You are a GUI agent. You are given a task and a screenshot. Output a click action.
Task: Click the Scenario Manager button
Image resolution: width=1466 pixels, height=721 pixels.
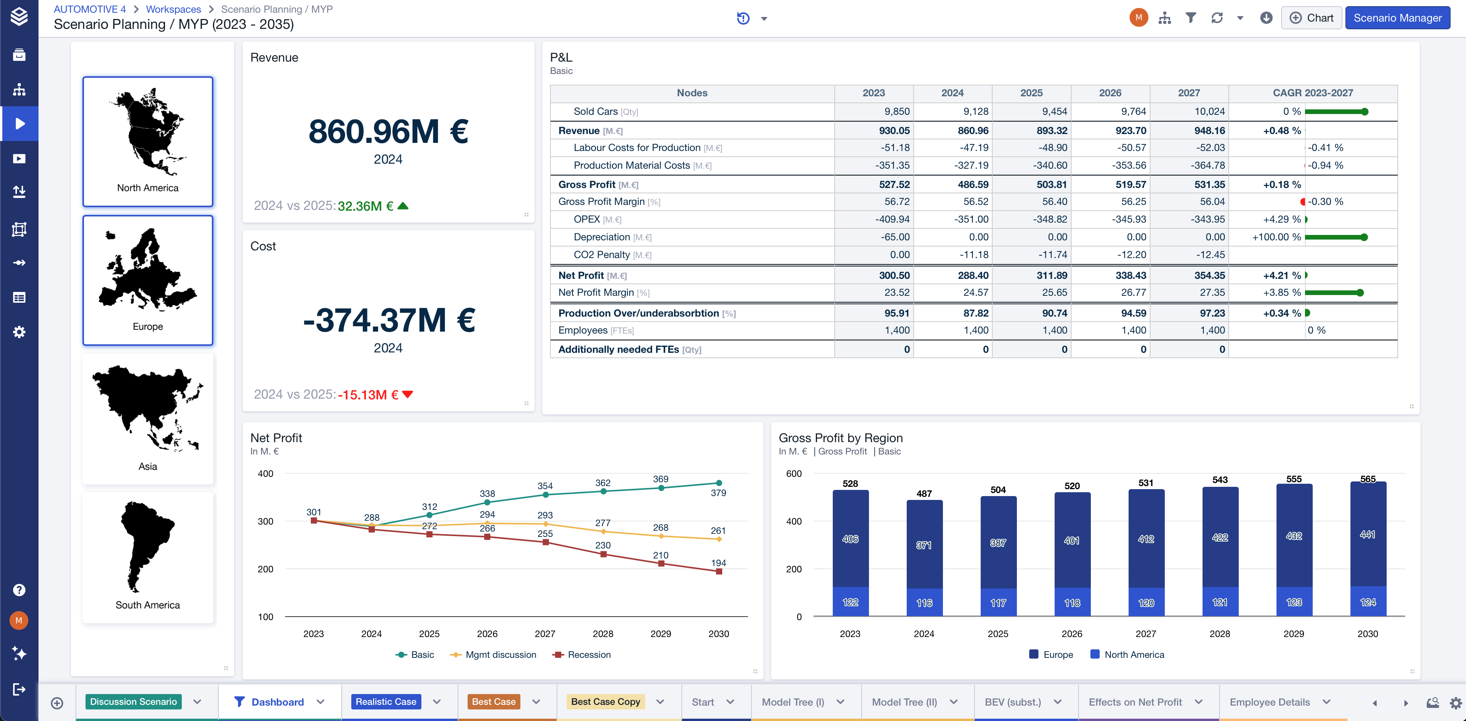[1397, 18]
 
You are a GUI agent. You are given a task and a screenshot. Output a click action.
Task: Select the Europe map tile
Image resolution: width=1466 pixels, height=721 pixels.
[148, 280]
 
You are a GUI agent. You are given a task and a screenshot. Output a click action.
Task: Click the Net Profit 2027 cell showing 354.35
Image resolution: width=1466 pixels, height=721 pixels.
[1209, 275]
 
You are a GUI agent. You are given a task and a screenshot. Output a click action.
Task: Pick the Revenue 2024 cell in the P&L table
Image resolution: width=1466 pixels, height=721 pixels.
[973, 130]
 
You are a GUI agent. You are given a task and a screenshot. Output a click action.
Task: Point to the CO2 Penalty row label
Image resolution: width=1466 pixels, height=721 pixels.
[602, 254]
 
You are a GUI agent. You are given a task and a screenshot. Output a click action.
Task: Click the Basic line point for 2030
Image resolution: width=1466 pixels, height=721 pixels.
[719, 483]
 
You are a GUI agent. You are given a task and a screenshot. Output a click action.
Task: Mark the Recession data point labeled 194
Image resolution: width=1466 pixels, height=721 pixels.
[719, 571]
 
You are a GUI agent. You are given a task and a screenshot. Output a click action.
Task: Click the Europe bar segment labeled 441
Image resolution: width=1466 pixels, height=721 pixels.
[1367, 534]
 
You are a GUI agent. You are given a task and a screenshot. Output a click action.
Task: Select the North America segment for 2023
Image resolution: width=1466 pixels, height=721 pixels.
[850, 602]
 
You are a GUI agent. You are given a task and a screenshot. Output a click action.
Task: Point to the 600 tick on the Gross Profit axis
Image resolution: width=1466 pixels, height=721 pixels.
[794, 473]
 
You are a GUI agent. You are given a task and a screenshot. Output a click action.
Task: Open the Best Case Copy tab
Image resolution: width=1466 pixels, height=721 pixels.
[606, 702]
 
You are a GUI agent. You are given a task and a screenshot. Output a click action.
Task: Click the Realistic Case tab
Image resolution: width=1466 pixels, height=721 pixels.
[386, 702]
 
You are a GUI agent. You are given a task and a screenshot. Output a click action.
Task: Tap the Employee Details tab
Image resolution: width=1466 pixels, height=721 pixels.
[1270, 702]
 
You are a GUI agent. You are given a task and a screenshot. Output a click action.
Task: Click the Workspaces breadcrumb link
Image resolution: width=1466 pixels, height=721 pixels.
[174, 9]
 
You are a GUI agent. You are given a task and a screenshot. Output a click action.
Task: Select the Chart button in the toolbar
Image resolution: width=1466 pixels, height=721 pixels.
[1312, 18]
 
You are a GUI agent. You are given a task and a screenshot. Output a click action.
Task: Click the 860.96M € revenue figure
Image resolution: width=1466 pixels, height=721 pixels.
[388, 131]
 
